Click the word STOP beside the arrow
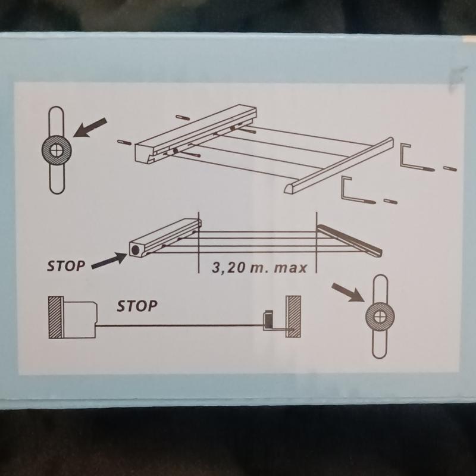tap(66, 266)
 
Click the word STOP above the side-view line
tap(137, 306)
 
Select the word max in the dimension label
tap(290, 268)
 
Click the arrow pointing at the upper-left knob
tap(90, 127)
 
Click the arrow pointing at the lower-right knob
tap(348, 293)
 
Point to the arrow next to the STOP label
tap(109, 261)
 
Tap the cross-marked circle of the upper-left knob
tap(57, 151)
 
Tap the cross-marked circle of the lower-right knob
tap(380, 317)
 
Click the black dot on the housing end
tap(135, 250)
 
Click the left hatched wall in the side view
tap(56, 317)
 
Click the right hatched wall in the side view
tap(293, 317)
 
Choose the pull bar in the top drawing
tap(339, 166)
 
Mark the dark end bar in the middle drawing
tap(349, 241)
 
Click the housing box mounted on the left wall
tap(80, 320)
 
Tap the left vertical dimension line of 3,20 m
tap(199, 242)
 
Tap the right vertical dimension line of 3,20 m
tap(317, 242)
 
